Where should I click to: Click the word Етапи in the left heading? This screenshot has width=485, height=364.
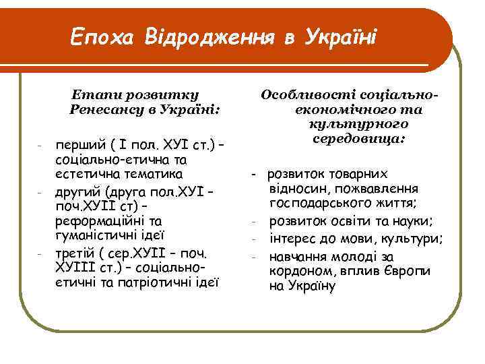98,94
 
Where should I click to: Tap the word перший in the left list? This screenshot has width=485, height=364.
76,146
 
